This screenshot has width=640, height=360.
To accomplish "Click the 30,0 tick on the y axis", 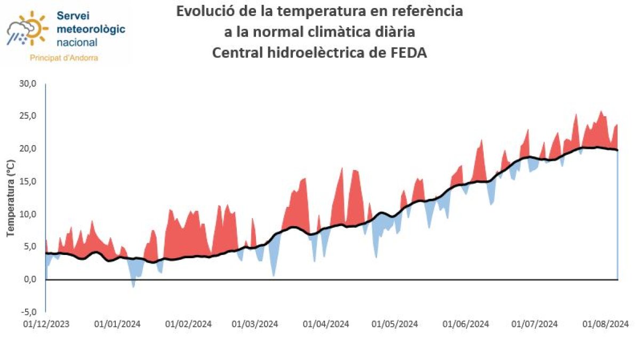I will (x=28, y=84).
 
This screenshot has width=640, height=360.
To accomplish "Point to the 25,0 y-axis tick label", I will (x=28, y=116).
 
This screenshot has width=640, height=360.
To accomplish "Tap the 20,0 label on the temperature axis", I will (x=28, y=149).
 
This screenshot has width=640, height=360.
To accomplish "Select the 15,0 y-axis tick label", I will (x=28, y=181).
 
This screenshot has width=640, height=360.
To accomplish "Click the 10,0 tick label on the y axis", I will (x=28, y=214).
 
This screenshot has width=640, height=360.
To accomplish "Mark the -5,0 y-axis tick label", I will (x=28, y=312).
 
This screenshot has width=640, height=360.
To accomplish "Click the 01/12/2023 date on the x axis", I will (x=46, y=324).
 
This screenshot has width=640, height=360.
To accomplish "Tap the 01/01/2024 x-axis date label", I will (x=117, y=324).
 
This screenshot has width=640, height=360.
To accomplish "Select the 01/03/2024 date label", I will (x=255, y=324).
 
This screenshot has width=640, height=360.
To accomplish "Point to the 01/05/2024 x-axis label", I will (x=395, y=324).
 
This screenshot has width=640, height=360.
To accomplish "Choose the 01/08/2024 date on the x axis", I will (x=605, y=324).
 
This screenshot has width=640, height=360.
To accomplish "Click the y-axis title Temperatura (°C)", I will (x=10, y=198).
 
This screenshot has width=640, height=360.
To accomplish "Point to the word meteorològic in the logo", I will (x=91, y=29).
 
